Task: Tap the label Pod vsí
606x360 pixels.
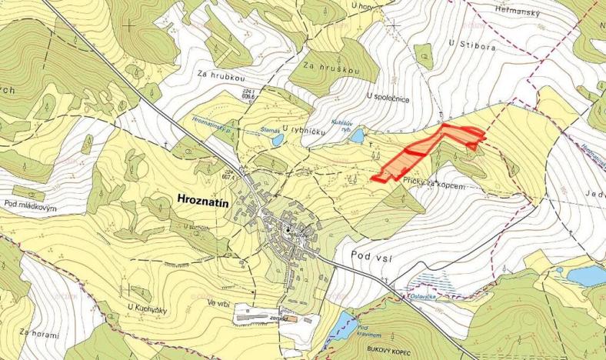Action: click(x=372, y=255)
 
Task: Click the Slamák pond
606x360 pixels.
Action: click(x=275, y=140)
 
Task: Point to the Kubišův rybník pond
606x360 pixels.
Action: click(x=358, y=136)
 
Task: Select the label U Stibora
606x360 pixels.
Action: click(x=471, y=44)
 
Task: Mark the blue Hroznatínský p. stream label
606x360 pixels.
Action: click(x=212, y=123)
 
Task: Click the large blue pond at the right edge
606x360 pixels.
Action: click(x=586, y=275)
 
